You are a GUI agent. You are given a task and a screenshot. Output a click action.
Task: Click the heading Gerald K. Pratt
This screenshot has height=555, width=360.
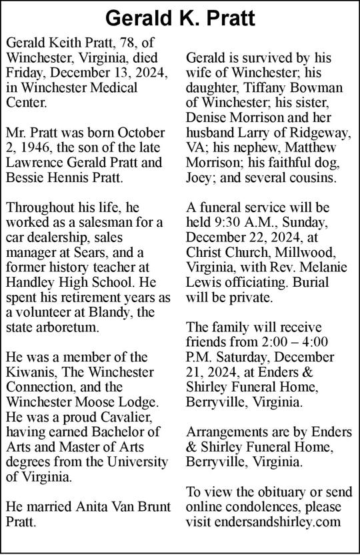pyautogui.click(x=180, y=18)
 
